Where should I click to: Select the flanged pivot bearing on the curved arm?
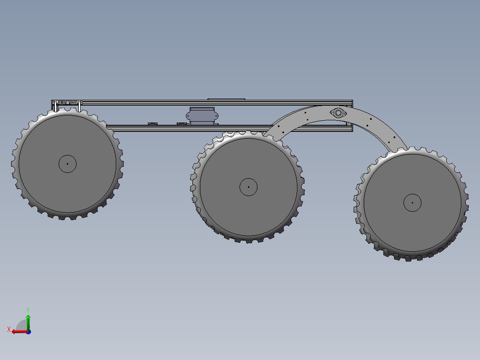click(x=338, y=113)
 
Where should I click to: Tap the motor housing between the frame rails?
click(x=202, y=116)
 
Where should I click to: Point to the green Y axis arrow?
click(x=28, y=322)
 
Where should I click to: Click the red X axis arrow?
click(x=20, y=331)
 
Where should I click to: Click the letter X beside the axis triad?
click(x=9, y=329)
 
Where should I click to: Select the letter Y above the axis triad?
click(x=28, y=310)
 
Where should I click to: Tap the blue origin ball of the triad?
click(x=28, y=332)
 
